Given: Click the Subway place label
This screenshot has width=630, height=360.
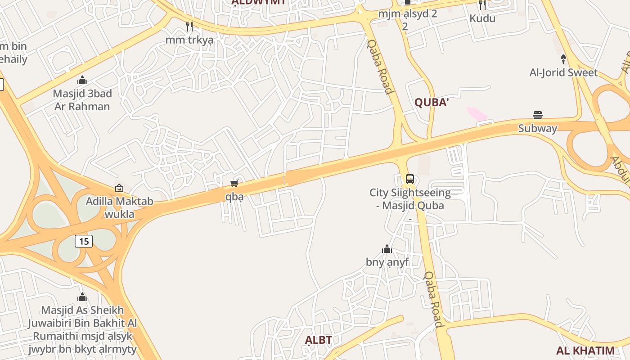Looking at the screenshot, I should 538,128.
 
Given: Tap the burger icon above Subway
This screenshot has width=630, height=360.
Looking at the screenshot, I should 538,115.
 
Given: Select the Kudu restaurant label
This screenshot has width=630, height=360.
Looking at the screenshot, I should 482,18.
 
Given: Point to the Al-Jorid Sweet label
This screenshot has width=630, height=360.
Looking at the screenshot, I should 563,72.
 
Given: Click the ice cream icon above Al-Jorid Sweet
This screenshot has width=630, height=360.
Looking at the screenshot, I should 563,59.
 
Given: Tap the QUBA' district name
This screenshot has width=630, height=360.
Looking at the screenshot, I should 432,103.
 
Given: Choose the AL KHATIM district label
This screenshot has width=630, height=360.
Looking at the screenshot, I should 585,351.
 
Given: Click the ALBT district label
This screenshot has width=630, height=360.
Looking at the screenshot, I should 319,340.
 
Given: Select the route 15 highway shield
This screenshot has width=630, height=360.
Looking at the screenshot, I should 84,241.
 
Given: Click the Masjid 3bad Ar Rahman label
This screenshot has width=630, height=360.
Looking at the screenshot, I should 82,100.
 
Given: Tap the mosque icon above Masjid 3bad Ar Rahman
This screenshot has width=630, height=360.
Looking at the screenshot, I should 82,81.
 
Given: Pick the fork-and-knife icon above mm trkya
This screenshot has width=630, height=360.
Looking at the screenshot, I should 189,27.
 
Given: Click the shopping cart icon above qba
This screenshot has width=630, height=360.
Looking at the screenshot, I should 234,183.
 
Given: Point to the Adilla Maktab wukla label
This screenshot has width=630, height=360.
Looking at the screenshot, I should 119,207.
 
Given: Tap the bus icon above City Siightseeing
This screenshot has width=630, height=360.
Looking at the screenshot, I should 410,179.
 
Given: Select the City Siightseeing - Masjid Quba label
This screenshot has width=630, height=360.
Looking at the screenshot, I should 410,199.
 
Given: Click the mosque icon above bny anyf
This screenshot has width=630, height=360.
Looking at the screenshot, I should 387,249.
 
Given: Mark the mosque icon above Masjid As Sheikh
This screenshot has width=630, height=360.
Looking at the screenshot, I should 82,297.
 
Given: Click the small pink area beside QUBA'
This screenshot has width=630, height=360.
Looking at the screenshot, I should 477,113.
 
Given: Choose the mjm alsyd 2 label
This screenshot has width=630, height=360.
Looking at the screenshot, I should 407,13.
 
